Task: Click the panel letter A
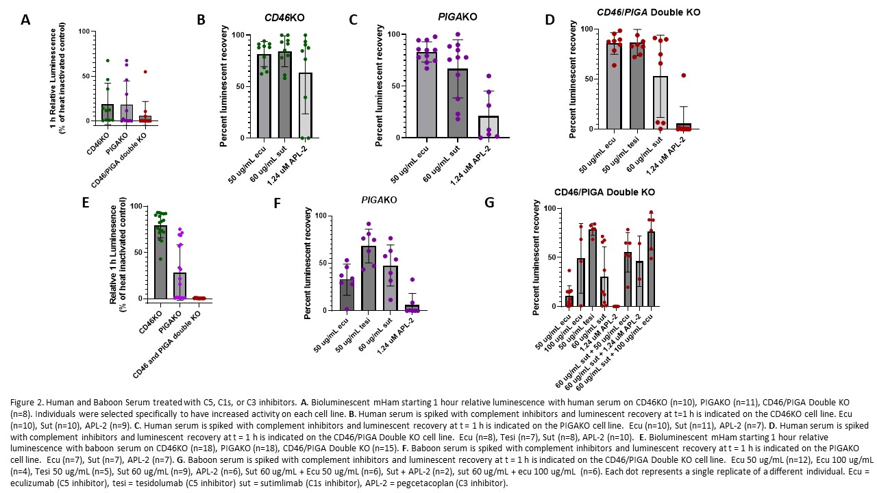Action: tap(25, 19)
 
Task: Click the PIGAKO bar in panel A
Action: tap(126, 113)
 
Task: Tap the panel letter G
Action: tap(489, 203)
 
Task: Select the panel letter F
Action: tap(277, 203)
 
